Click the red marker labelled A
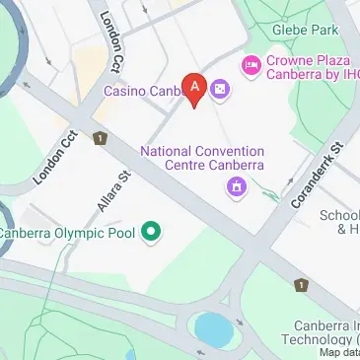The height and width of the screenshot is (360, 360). (x=195, y=88)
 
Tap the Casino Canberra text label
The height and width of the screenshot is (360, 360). (x=143, y=92)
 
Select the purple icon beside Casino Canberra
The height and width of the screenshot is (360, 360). (x=219, y=91)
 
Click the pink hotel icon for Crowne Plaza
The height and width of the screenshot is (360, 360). (x=252, y=65)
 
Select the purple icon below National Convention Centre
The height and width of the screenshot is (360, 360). (x=235, y=186)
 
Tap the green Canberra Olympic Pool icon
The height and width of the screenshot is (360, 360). (x=151, y=234)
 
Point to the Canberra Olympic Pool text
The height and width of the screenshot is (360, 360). (x=69, y=234)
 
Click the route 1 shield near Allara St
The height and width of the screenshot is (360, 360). (x=100, y=139)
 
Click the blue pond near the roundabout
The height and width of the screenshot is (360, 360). (x=213, y=325)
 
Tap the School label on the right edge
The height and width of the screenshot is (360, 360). (x=341, y=216)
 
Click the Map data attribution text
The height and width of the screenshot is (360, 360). (x=338, y=352)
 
